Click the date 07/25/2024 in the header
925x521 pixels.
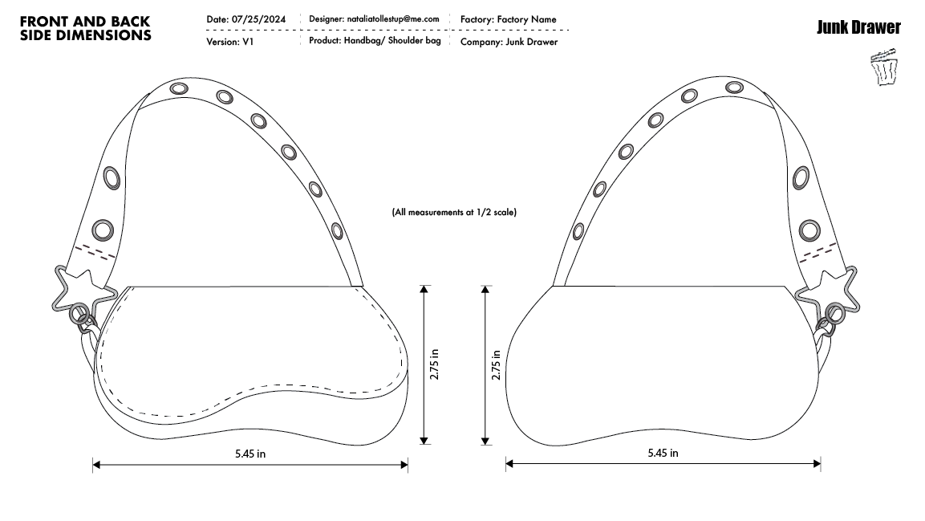click(x=258, y=19)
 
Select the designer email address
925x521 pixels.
click(x=393, y=19)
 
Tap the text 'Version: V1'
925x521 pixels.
click(x=230, y=42)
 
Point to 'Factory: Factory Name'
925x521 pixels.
click(x=508, y=19)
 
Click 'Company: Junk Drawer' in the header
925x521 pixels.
click(x=509, y=42)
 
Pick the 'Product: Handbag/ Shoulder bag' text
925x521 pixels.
click(x=375, y=41)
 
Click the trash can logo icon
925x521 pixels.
click(x=884, y=67)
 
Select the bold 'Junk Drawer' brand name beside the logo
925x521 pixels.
click(x=858, y=27)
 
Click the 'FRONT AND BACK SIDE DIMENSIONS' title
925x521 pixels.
click(x=86, y=28)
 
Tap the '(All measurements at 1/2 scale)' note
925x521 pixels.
click(x=454, y=212)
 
